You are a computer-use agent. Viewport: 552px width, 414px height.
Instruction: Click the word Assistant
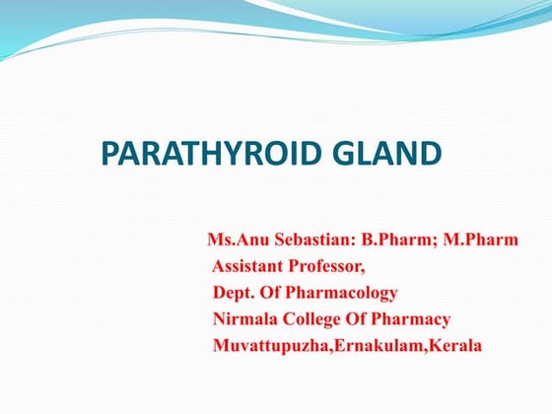[248, 266]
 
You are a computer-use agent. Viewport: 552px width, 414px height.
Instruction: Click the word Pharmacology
[346, 293]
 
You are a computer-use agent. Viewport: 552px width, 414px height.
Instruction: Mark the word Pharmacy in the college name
[414, 319]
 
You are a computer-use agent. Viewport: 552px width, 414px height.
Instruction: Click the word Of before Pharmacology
[276, 293]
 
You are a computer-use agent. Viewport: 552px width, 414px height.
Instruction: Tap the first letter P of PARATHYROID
[111, 154]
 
